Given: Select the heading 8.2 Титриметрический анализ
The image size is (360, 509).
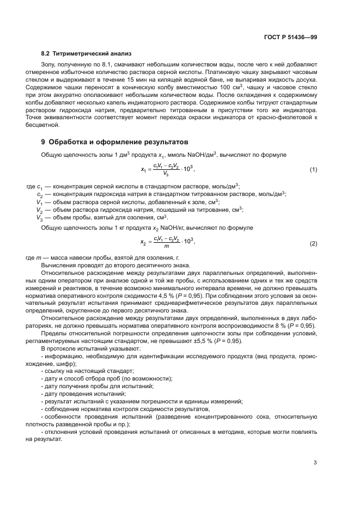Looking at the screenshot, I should pyautogui.click(x=86, y=54).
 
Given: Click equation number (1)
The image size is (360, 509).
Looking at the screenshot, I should pyautogui.click(x=313, y=170).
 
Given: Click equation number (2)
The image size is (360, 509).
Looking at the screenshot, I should pyautogui.click(x=313, y=243).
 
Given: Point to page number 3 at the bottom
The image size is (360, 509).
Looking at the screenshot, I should pyautogui.click(x=315, y=463).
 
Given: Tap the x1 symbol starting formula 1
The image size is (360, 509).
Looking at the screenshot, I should pyautogui.click(x=143, y=170).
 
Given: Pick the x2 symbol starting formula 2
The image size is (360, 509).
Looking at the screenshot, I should pyautogui.click(x=143, y=243).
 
